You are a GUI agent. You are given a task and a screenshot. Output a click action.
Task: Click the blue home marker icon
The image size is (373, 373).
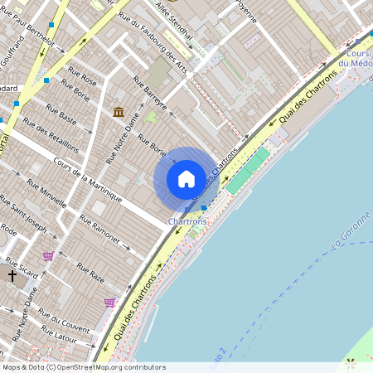(x=186, y=179)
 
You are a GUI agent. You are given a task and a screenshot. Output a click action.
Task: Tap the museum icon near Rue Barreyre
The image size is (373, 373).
(x=119, y=112)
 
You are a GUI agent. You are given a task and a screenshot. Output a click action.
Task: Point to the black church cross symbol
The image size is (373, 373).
(x=12, y=274)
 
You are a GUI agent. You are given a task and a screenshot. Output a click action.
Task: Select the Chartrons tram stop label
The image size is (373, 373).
(x=186, y=222)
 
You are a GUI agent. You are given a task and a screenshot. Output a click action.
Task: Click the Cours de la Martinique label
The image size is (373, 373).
(x=87, y=180)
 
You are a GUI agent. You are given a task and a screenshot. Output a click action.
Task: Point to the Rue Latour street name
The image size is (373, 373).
(x=59, y=337)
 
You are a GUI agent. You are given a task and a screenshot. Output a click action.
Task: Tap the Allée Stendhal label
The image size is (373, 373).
(x=174, y=20)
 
